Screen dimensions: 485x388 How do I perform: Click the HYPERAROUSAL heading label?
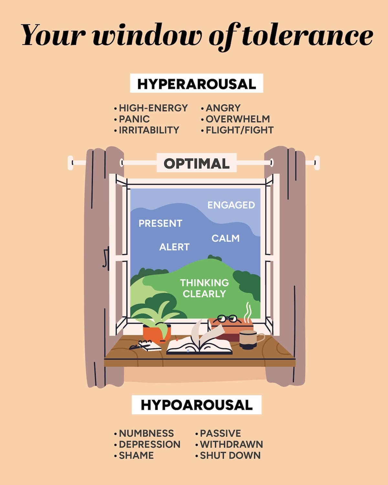197,84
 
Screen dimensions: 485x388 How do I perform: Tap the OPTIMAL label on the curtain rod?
197,163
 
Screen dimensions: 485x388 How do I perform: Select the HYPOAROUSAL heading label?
197,405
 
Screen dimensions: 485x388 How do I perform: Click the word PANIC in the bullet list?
134,119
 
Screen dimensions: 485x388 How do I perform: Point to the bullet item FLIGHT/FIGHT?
240,130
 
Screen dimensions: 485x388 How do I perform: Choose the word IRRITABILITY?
149,130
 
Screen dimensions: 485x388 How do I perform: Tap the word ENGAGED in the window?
231,205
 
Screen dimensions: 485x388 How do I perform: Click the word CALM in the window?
225,238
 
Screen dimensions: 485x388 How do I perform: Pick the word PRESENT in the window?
160,223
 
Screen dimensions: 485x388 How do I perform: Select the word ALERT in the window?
174,247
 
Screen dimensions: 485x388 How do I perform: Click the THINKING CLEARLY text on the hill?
204,288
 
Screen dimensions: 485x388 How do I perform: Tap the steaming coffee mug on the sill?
248,339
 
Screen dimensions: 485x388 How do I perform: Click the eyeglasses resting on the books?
227,318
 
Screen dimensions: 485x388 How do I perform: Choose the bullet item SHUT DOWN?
230,455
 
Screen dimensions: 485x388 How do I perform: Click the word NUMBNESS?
146,433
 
